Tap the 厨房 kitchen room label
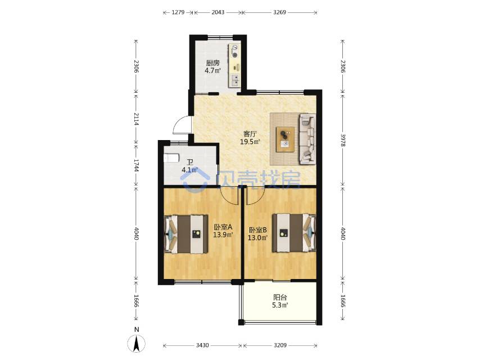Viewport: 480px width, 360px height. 213,63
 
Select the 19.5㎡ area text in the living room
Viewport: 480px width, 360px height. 250,142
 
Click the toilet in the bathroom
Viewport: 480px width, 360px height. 171,158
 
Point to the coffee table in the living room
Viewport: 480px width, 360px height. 286,139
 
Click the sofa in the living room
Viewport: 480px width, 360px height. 307,138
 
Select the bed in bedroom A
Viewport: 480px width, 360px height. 186,235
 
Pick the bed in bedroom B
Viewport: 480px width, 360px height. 294,233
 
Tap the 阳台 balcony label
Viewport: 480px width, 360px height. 280,297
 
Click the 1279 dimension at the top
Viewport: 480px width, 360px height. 178,12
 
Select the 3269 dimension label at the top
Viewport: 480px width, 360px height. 279,12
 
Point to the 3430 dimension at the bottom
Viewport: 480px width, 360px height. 202,345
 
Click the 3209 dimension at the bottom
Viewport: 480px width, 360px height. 280,345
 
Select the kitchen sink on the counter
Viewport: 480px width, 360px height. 235,79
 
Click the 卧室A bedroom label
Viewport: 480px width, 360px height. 223,227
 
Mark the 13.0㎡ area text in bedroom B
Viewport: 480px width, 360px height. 258,238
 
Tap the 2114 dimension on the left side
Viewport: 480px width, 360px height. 137,119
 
